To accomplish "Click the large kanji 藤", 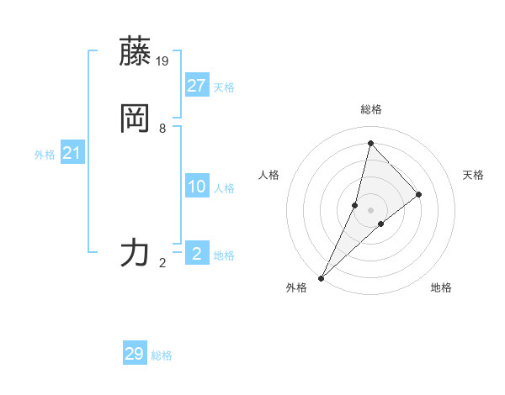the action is pyautogui.click(x=135, y=52).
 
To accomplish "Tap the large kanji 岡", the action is pyautogui.click(x=135, y=118).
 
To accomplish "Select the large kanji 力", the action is pyautogui.click(x=135, y=252).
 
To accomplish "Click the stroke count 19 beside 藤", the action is pyautogui.click(x=163, y=61).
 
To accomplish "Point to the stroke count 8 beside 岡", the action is pyautogui.click(x=162, y=129).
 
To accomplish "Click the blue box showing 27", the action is pyautogui.click(x=197, y=85).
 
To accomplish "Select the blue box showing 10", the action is pyautogui.click(x=197, y=187).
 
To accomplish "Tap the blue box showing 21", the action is pyautogui.click(x=72, y=153).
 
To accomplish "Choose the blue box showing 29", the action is pyautogui.click(x=135, y=354).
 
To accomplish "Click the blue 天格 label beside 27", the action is pyautogui.click(x=224, y=87).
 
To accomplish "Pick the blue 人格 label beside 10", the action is pyautogui.click(x=224, y=188).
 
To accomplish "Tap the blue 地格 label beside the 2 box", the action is pyautogui.click(x=224, y=255).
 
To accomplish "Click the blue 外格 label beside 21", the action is pyautogui.click(x=45, y=155).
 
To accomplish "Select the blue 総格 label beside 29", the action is pyautogui.click(x=162, y=355).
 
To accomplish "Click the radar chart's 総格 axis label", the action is pyautogui.click(x=370, y=109).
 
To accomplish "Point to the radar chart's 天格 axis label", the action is pyautogui.click(x=473, y=175).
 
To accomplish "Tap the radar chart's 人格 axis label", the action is pyautogui.click(x=268, y=175).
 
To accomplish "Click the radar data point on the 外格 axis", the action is pyautogui.click(x=322, y=277).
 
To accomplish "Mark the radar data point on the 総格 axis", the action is pyautogui.click(x=370, y=143).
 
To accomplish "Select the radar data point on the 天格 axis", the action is pyautogui.click(x=419, y=194).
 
